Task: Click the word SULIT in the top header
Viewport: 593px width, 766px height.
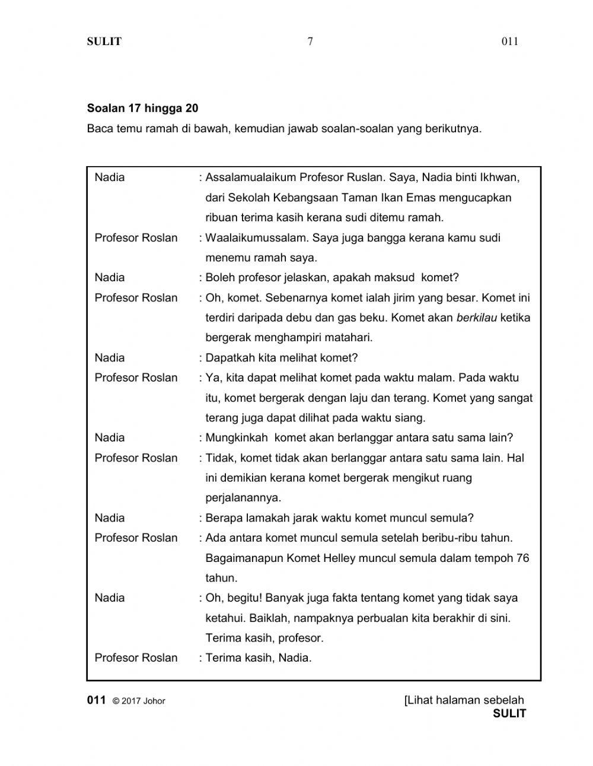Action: [x=104, y=42]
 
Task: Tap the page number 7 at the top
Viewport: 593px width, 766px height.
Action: [x=310, y=42]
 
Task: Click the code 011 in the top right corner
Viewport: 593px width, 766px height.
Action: [x=509, y=42]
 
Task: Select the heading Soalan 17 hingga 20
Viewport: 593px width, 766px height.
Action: [x=142, y=108]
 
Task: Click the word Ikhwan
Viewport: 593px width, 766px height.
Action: [x=499, y=177]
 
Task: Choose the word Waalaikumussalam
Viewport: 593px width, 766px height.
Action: [x=256, y=238]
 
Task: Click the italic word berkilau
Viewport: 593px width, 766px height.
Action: [x=476, y=317]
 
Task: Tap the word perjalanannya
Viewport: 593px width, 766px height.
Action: [x=243, y=498]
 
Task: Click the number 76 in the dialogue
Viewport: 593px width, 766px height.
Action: [x=522, y=558]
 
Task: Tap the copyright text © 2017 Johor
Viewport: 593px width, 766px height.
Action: [x=139, y=701]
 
